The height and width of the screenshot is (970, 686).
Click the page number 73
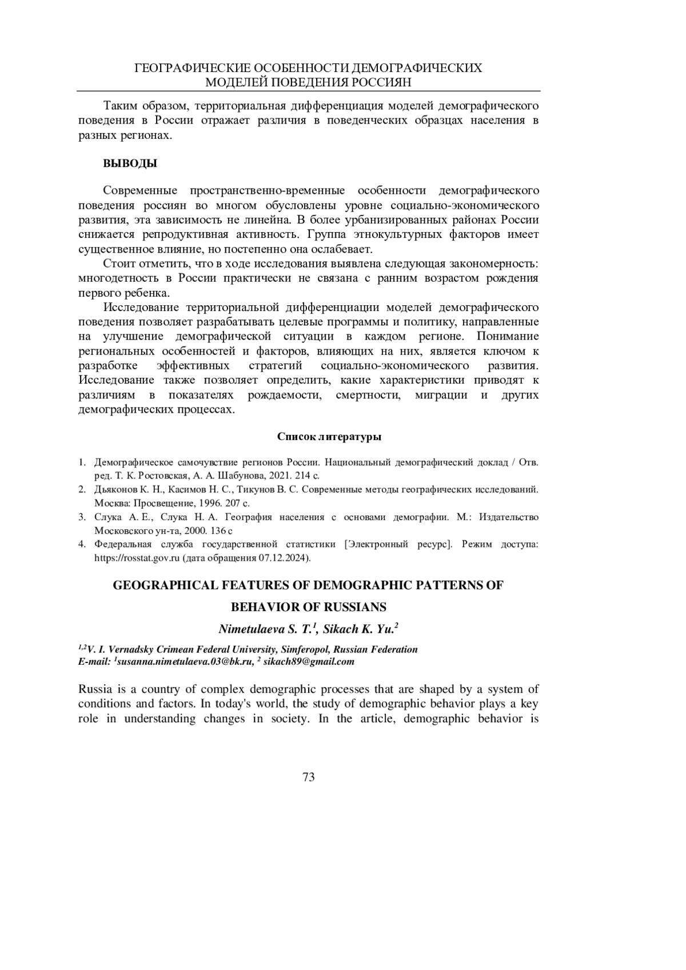308,777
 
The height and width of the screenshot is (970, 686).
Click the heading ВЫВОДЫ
130,163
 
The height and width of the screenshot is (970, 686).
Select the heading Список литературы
329,437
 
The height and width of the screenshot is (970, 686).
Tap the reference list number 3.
82,517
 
